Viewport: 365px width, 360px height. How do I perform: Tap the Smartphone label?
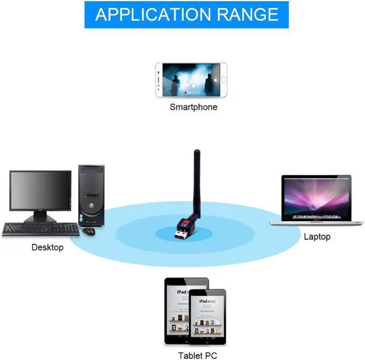[x=193, y=107]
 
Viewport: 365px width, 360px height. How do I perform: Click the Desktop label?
[x=47, y=247]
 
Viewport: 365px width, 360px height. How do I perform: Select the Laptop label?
[x=317, y=236]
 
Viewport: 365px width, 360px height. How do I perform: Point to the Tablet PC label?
[x=197, y=356]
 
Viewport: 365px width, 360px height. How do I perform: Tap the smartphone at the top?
[x=192, y=80]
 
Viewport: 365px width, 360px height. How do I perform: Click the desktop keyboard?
[x=40, y=229]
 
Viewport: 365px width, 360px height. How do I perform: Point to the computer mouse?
[x=88, y=231]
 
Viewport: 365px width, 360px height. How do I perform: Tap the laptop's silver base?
[x=317, y=222]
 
